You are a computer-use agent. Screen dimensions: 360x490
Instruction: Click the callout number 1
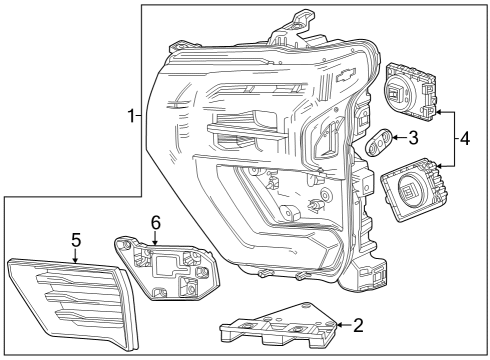click(131, 117)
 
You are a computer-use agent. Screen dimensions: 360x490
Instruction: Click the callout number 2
click(356, 324)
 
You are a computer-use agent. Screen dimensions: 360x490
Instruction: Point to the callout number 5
click(75, 239)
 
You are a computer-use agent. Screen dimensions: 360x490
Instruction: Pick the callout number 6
click(155, 221)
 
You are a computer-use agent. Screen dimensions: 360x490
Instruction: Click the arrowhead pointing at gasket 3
click(394, 139)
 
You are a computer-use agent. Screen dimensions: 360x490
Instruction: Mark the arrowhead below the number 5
click(75, 260)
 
